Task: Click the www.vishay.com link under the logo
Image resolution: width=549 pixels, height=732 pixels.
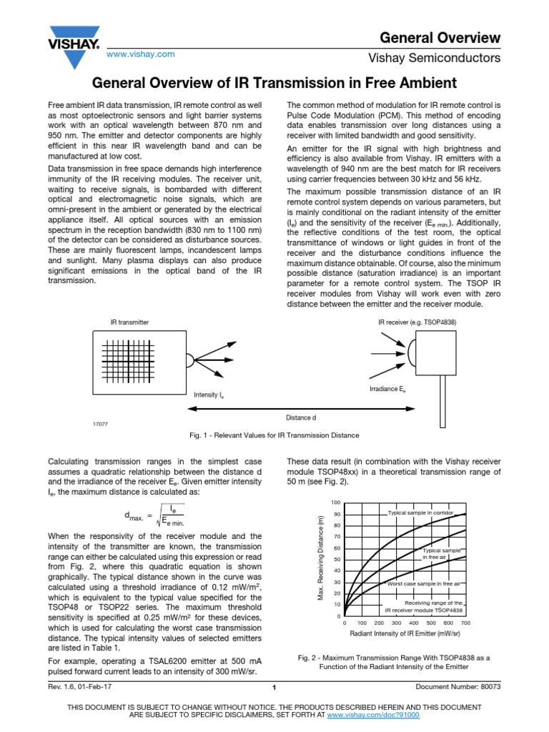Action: pyautogui.click(x=141, y=54)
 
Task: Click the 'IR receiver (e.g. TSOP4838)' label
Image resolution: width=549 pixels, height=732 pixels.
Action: pyautogui.click(x=417, y=323)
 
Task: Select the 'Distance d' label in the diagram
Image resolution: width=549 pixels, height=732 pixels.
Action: pyautogui.click(x=301, y=417)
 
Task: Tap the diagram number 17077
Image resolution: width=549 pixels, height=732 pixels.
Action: pyautogui.click(x=100, y=424)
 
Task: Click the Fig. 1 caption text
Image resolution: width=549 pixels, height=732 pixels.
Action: pyautogui.click(x=274, y=435)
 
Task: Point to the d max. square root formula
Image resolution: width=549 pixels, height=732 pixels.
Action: pyautogui.click(x=154, y=516)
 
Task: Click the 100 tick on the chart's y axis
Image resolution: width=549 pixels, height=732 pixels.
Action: pyautogui.click(x=337, y=503)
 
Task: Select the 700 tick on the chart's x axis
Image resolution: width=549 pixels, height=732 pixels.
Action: pyautogui.click(x=466, y=623)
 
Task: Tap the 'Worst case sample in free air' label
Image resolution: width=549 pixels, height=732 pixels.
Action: pyautogui.click(x=424, y=583)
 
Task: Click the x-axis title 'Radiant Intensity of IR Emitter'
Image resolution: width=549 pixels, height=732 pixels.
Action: pyautogui.click(x=405, y=634)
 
